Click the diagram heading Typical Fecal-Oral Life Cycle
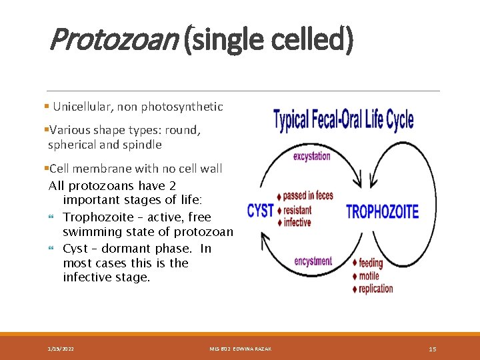[343, 120]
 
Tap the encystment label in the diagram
[313, 261]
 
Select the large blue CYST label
[261, 211]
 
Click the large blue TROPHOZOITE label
[382, 212]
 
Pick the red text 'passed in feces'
[308, 196]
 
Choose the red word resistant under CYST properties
[297, 210]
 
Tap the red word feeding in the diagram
[371, 263]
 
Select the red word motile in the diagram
[369, 276]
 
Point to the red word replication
[376, 289]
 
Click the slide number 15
[432, 349]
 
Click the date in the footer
[61, 349]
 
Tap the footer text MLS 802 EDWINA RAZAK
[240, 349]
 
